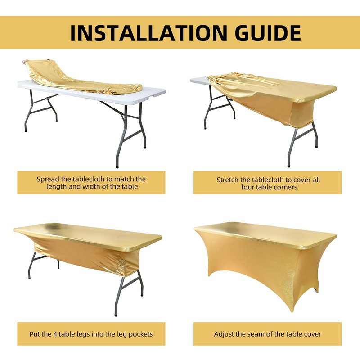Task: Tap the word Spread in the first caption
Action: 48,179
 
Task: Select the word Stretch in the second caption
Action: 228,180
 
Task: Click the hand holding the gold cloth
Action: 25,62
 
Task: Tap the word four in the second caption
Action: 247,187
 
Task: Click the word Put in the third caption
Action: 35,334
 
